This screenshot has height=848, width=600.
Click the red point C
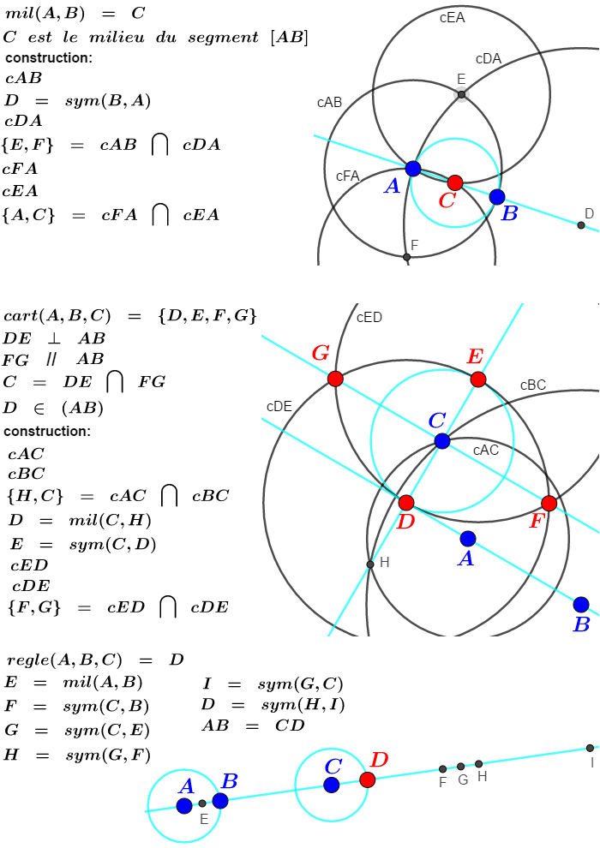click(455, 182)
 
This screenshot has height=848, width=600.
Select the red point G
click(335, 379)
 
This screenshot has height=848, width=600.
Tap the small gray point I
click(590, 748)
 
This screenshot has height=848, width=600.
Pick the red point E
click(478, 379)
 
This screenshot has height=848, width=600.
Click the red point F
click(549, 503)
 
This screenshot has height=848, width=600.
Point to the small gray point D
click(581, 225)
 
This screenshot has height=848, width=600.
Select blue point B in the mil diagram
click(497, 197)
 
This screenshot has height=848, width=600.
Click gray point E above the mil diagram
click(461, 94)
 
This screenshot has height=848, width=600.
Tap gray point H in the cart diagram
click(370, 564)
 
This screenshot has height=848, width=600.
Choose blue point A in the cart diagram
click(467, 539)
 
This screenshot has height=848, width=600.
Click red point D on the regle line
click(368, 779)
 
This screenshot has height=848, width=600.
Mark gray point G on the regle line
click(461, 767)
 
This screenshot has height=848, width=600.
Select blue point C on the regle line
click(332, 785)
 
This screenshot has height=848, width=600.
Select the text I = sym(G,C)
click(273, 684)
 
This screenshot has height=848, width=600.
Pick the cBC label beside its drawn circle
click(533, 385)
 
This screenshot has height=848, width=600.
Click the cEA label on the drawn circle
click(452, 16)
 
